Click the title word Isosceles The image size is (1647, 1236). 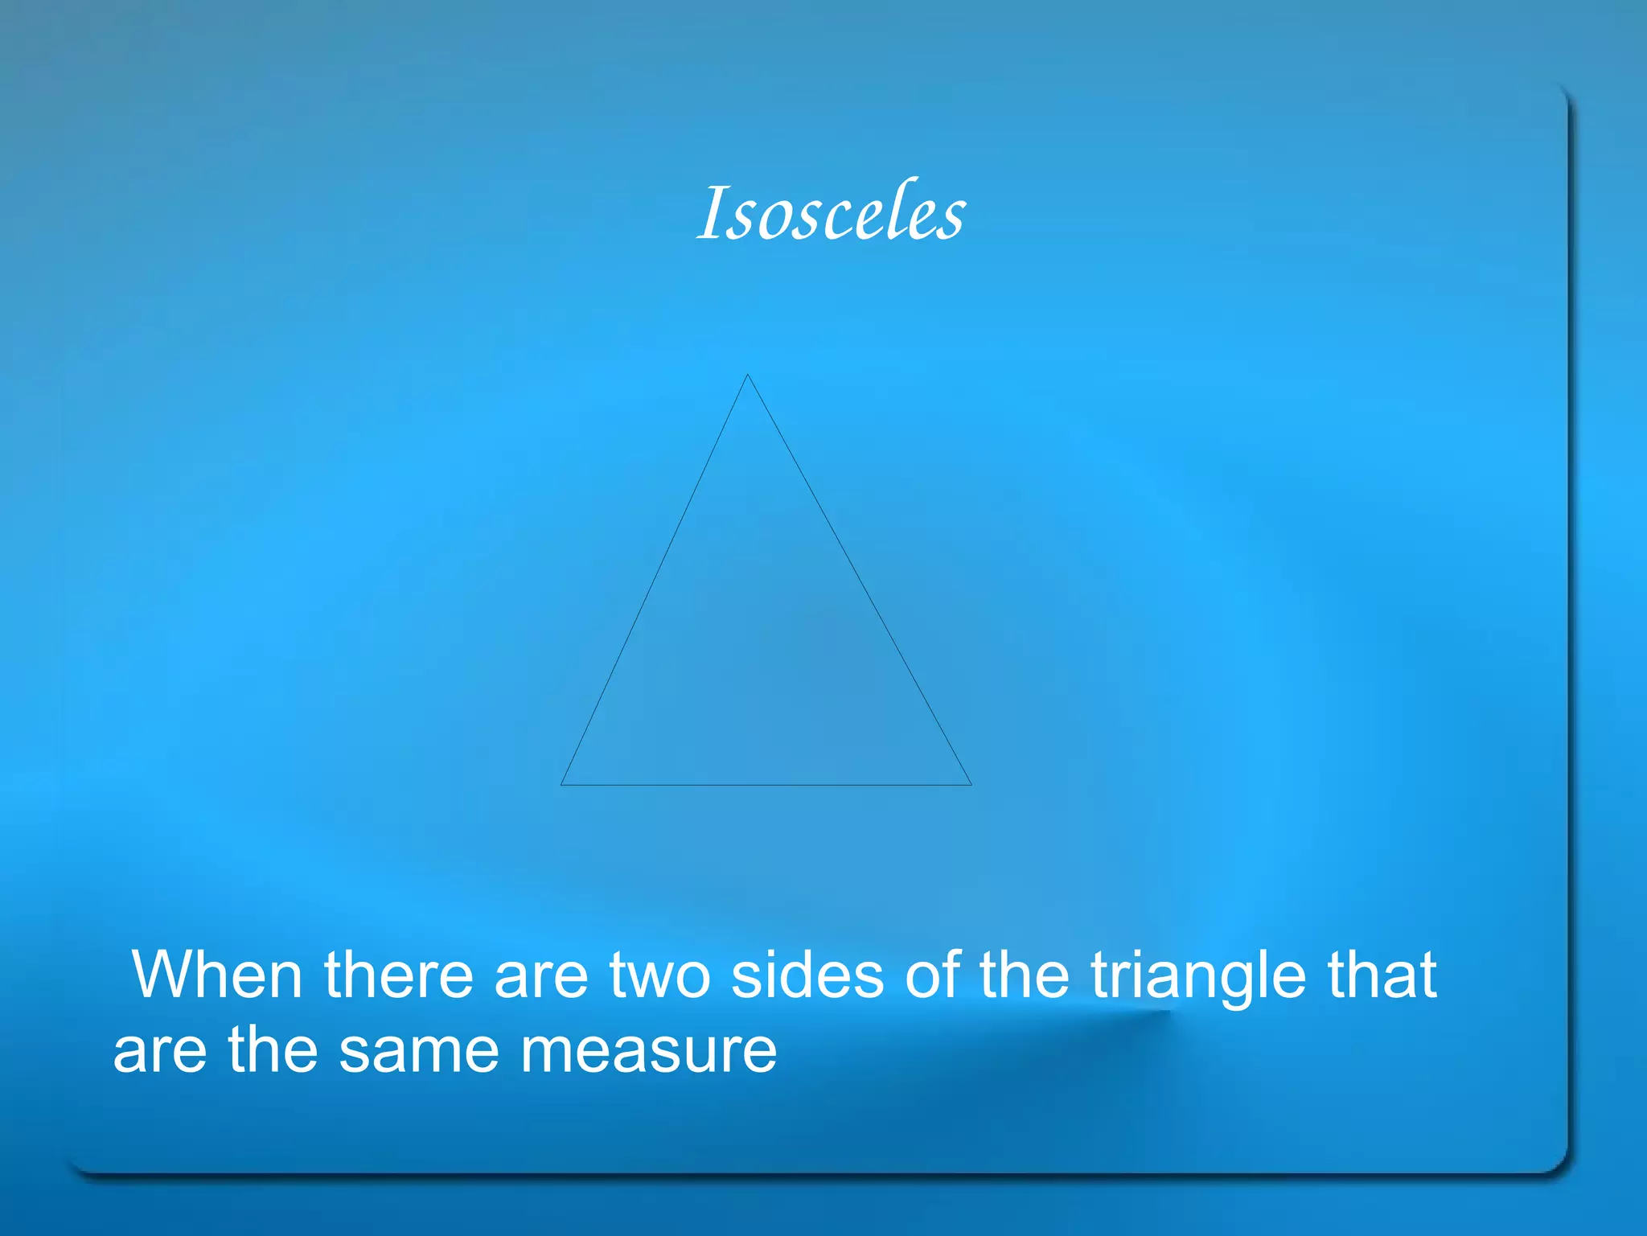click(x=831, y=214)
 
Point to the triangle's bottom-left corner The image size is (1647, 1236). click(x=561, y=784)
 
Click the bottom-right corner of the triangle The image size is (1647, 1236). click(x=971, y=784)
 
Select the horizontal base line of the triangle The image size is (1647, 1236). click(x=766, y=784)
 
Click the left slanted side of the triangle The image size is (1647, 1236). click(x=654, y=580)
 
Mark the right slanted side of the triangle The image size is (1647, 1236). click(x=859, y=580)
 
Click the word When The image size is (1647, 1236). click(x=216, y=975)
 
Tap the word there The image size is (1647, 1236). click(x=399, y=975)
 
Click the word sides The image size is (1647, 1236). click(x=807, y=975)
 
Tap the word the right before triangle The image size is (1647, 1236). click(x=1025, y=975)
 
